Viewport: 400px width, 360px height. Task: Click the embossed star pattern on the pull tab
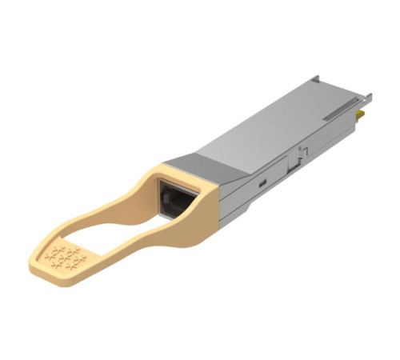65,258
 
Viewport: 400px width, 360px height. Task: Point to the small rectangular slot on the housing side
263,182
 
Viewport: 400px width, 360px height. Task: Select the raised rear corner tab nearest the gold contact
366,97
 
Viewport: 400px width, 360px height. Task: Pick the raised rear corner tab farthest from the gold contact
317,79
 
